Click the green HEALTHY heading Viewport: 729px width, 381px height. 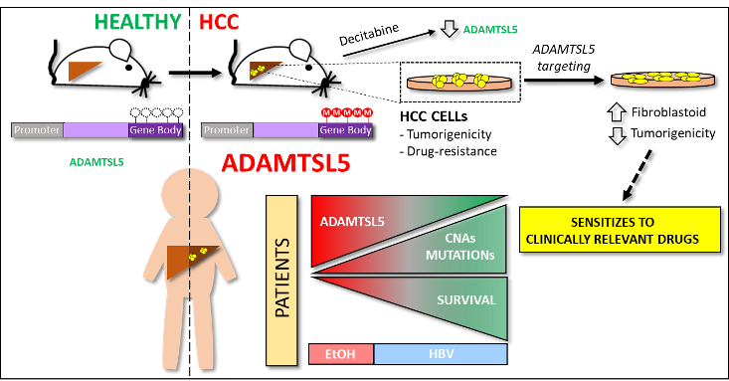[x=137, y=22]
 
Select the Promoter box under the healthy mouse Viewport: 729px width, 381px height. [x=37, y=130]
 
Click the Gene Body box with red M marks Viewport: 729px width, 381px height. [x=345, y=130]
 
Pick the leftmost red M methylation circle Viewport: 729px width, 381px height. [x=325, y=112]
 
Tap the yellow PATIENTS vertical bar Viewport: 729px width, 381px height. [x=281, y=280]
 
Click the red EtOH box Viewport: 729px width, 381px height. [x=341, y=354]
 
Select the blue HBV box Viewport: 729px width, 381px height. [x=440, y=354]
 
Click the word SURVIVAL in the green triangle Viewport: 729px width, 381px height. [x=465, y=299]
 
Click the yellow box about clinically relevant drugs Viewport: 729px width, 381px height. [x=619, y=230]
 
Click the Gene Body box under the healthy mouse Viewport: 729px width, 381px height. [x=155, y=130]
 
